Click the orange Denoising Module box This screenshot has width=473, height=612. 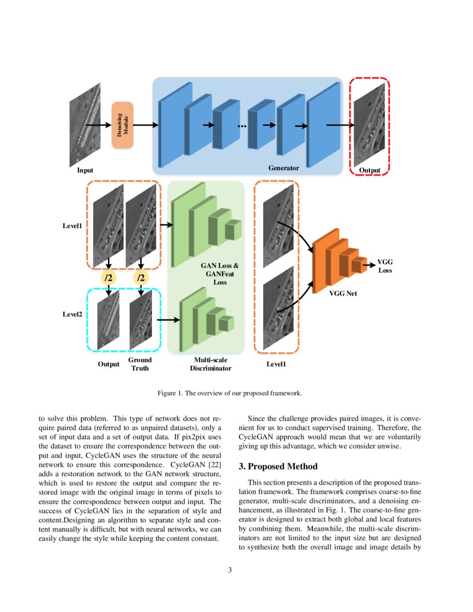pyautogui.click(x=122, y=125)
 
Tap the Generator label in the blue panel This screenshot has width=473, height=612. pyautogui.click(x=283, y=168)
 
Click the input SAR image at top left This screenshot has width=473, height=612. pyautogui.click(x=85, y=125)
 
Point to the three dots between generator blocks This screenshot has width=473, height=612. pyautogui.click(x=242, y=126)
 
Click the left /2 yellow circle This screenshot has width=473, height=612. pyautogui.click(x=109, y=277)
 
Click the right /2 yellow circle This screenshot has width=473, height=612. pyautogui.click(x=141, y=277)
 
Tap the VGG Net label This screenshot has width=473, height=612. pyautogui.click(x=343, y=293)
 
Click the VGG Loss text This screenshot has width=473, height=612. pyautogui.click(x=385, y=266)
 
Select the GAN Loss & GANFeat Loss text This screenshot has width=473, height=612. pyautogui.click(x=220, y=274)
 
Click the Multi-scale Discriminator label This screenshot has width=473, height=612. pyautogui.click(x=210, y=364)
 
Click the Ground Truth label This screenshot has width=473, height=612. pyautogui.click(x=140, y=364)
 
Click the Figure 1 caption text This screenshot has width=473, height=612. pyautogui.click(x=229, y=393)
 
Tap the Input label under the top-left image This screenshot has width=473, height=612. pyautogui.click(x=85, y=170)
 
